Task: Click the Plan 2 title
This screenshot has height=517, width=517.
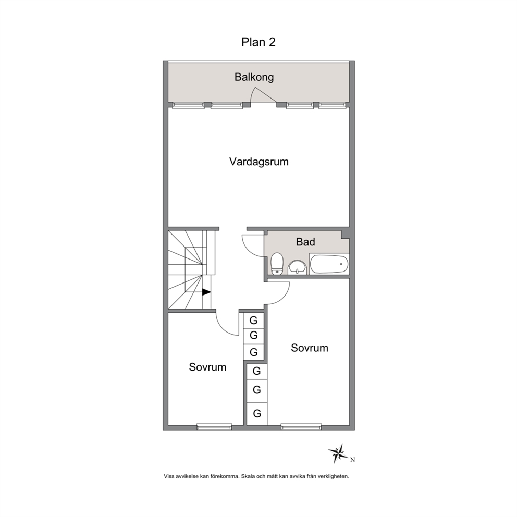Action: click(258, 42)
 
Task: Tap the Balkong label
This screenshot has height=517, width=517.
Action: click(254, 77)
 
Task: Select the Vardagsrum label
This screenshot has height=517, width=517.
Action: click(259, 162)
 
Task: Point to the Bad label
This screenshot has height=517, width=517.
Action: click(305, 242)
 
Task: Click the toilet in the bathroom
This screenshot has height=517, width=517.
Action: click(277, 264)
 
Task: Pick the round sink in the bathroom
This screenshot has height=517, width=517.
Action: click(298, 267)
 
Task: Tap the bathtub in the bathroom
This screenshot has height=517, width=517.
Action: click(329, 264)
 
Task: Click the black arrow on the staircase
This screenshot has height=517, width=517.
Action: click(206, 292)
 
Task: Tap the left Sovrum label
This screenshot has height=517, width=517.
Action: click(207, 367)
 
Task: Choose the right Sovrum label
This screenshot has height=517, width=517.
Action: click(309, 348)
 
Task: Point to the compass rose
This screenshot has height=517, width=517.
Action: click(338, 454)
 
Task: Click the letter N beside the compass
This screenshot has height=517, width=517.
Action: click(352, 460)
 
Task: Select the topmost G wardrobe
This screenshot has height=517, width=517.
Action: click(254, 320)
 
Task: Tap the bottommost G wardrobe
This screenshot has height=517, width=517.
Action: click(257, 413)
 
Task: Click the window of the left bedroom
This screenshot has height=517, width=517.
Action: click(214, 427)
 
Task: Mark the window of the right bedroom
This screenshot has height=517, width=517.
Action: click(301, 427)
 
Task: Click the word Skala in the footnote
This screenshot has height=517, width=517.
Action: click(248, 476)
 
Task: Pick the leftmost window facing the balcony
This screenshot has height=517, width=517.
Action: click(188, 105)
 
